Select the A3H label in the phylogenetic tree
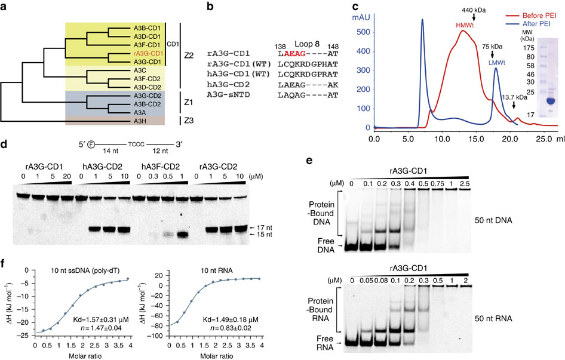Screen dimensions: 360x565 (x=145, y=121)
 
